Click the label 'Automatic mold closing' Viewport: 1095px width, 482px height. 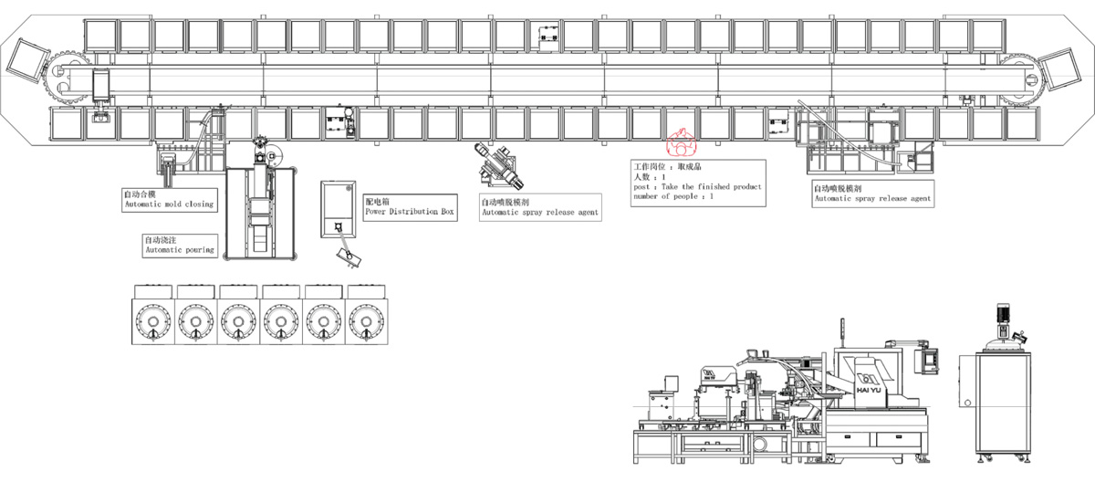[169, 204]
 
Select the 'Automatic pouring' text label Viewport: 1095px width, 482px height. [180, 249]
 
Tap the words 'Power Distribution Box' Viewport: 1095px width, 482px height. [409, 212]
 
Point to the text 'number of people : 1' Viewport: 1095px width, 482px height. [673, 196]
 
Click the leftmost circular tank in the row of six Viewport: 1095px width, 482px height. [151, 321]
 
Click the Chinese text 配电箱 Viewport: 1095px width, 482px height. [377, 201]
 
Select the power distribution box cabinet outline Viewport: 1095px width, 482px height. [337, 209]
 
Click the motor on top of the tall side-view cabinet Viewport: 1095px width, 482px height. [1003, 315]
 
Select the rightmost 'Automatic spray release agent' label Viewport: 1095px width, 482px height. [872, 198]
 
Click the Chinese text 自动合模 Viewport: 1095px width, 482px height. [140, 194]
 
